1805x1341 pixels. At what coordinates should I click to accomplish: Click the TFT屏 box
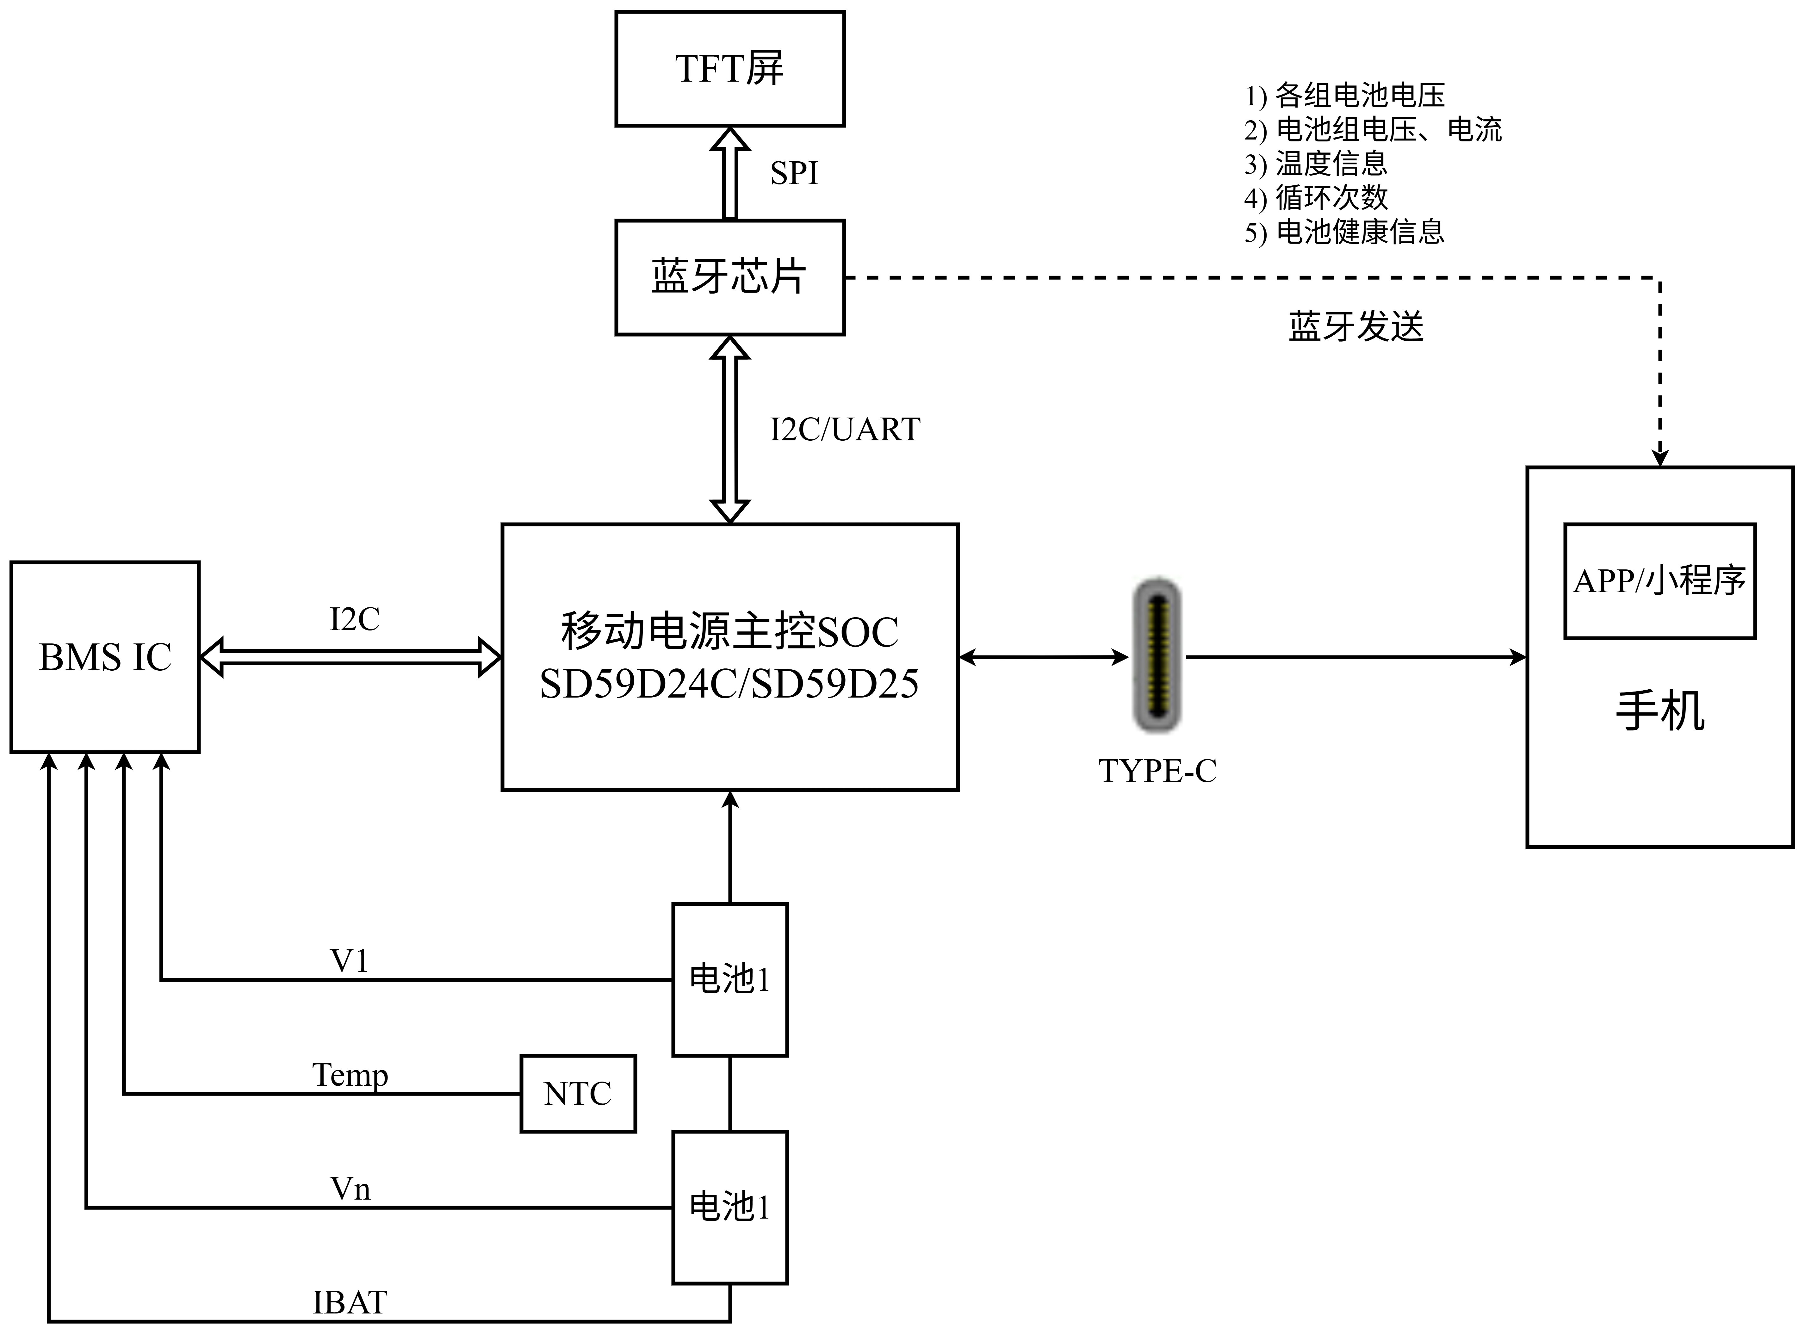click(730, 69)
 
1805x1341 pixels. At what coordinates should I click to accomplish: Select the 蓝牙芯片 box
click(730, 277)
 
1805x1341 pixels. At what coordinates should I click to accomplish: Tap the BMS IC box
click(105, 657)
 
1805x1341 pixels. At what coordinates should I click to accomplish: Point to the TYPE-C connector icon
click(1157, 655)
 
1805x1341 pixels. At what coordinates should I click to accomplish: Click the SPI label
click(794, 173)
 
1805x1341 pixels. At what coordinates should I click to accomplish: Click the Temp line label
click(350, 1075)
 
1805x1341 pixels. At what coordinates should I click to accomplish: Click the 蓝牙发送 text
click(1356, 326)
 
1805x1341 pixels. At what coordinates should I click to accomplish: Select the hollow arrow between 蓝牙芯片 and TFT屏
click(730, 173)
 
